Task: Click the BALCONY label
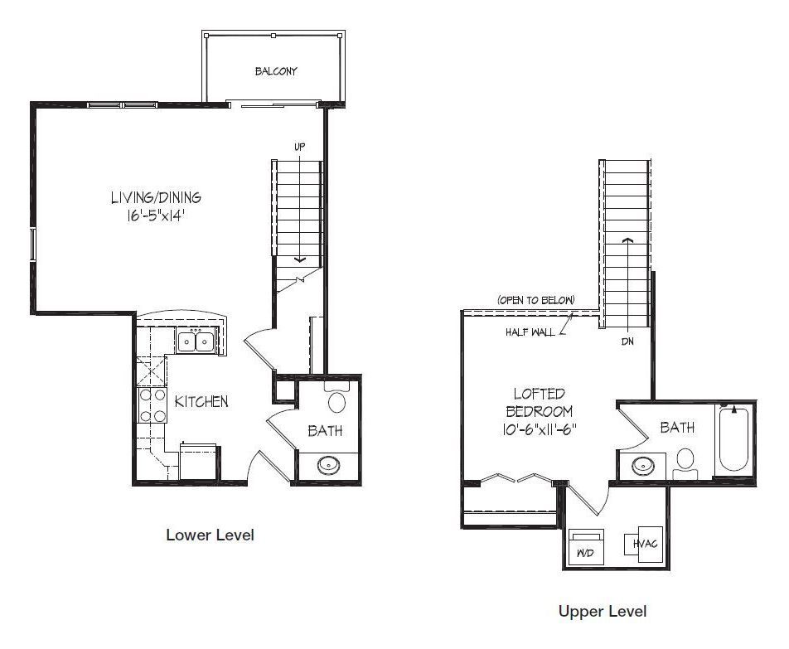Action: pyautogui.click(x=276, y=71)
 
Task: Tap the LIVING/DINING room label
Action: pyautogui.click(x=156, y=197)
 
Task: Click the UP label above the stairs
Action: pyautogui.click(x=299, y=147)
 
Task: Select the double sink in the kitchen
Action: pyautogui.click(x=196, y=341)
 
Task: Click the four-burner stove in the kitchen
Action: pyautogui.click(x=152, y=405)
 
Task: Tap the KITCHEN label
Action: pyautogui.click(x=201, y=401)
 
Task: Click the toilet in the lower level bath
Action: pyautogui.click(x=336, y=397)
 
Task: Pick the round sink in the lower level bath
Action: pyautogui.click(x=329, y=465)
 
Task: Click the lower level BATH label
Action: pyautogui.click(x=325, y=431)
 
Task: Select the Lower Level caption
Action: pyautogui.click(x=210, y=535)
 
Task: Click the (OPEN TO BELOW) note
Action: pyautogui.click(x=536, y=300)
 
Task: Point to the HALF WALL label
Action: pyautogui.click(x=530, y=332)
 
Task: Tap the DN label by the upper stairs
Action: pyautogui.click(x=627, y=341)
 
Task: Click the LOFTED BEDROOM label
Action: pyautogui.click(x=540, y=403)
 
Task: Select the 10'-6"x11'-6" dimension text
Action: pyautogui.click(x=540, y=430)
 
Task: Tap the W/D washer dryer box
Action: pyautogui.click(x=586, y=547)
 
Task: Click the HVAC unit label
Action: pyautogui.click(x=645, y=544)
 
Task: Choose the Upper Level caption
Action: pyautogui.click(x=603, y=611)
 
